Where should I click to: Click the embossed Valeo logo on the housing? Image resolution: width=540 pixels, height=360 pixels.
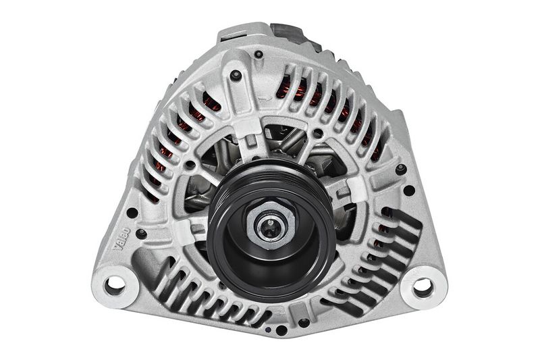pyautogui.click(x=122, y=238)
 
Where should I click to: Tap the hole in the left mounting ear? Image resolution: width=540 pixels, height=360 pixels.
pyautogui.click(x=115, y=284)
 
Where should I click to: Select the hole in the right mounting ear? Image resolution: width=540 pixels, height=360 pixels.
pyautogui.click(x=423, y=286)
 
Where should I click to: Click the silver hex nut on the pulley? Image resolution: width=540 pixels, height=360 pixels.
pyautogui.click(x=271, y=225)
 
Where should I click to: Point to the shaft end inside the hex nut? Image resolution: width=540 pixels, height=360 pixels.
pyautogui.click(x=269, y=227)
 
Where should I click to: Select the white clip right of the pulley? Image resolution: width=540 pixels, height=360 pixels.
pyautogui.click(x=358, y=189)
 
